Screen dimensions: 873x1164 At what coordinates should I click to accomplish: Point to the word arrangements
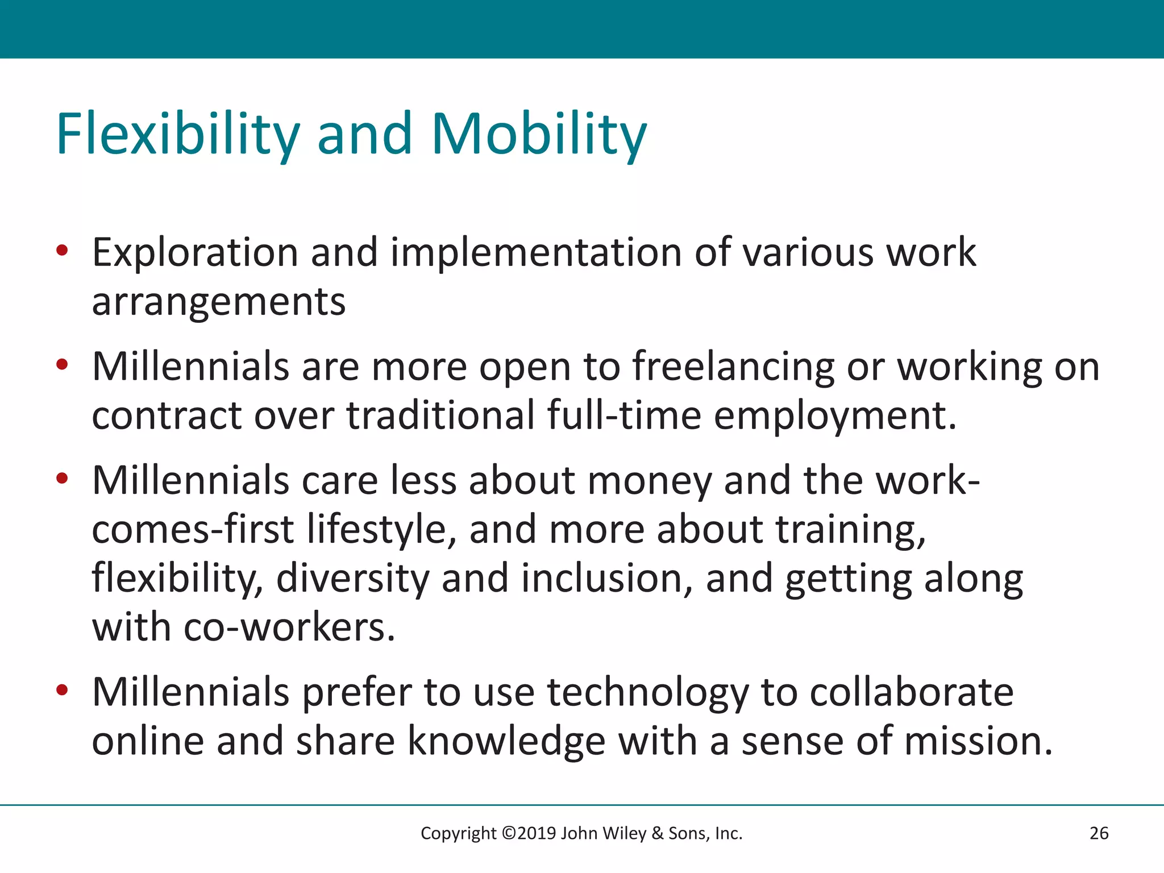point(219,302)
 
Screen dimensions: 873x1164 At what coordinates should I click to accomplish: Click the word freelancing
point(733,367)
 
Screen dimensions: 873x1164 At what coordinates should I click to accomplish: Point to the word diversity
point(352,579)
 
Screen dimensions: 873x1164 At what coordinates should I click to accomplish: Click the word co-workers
point(289,627)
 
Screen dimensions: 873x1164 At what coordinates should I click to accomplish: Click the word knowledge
point(506,742)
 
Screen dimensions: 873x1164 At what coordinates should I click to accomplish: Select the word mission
point(978,742)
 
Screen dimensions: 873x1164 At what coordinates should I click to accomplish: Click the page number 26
point(1099,833)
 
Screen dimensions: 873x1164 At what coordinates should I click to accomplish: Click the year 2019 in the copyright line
point(537,833)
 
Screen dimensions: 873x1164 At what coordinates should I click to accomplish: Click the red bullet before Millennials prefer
point(63,691)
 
